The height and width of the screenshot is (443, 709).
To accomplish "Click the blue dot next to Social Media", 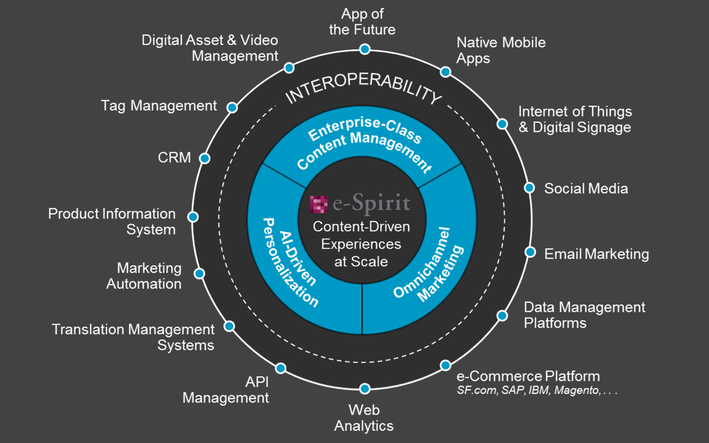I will click(x=529, y=188).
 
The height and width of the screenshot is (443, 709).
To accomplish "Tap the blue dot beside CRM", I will click(x=204, y=158).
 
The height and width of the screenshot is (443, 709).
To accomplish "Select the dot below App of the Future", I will click(x=365, y=49).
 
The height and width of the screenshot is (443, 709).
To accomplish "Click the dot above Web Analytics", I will click(x=365, y=389).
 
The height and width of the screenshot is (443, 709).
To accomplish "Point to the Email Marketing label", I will click(x=596, y=254).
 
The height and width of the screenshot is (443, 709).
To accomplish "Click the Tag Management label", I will click(x=159, y=106).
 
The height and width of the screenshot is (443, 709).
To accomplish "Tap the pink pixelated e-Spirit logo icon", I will click(x=319, y=204).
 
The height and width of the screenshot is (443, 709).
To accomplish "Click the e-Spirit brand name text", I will click(x=371, y=203).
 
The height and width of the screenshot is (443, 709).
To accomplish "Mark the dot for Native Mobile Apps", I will click(x=445, y=72).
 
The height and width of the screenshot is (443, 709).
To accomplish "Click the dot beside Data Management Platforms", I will click(x=502, y=315).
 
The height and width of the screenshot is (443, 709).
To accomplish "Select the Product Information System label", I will click(x=112, y=221).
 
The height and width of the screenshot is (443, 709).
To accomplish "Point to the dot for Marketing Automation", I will click(x=199, y=273).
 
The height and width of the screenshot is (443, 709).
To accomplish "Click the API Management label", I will click(x=226, y=390).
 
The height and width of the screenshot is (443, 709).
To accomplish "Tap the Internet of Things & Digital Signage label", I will click(x=575, y=119).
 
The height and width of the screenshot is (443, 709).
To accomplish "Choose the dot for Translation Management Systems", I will click(x=229, y=326).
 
